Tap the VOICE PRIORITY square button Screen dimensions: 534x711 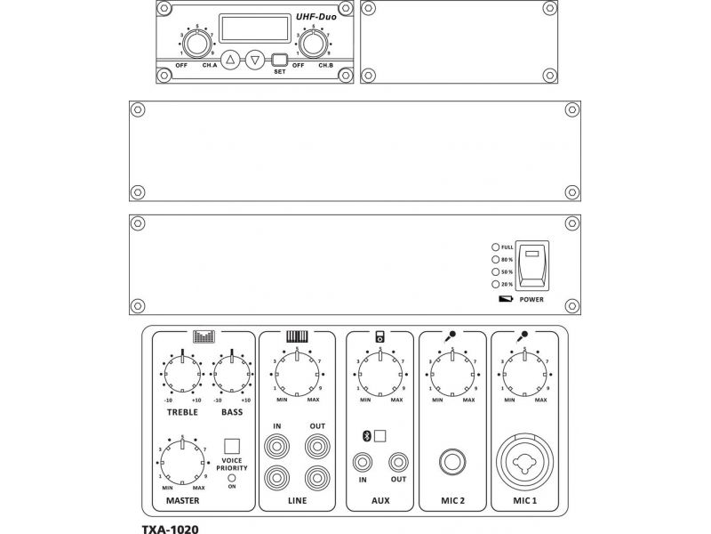232,446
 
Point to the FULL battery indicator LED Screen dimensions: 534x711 495,247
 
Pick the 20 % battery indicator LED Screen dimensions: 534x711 495,284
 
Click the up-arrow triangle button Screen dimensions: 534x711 231,61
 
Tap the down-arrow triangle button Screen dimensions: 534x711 255,61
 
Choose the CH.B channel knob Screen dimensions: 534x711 312,44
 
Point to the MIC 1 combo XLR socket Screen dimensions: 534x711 525,463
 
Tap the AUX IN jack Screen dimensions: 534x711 363,462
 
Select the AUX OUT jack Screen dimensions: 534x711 398,462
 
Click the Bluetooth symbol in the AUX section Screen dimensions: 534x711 364,436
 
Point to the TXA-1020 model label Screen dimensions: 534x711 170,529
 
